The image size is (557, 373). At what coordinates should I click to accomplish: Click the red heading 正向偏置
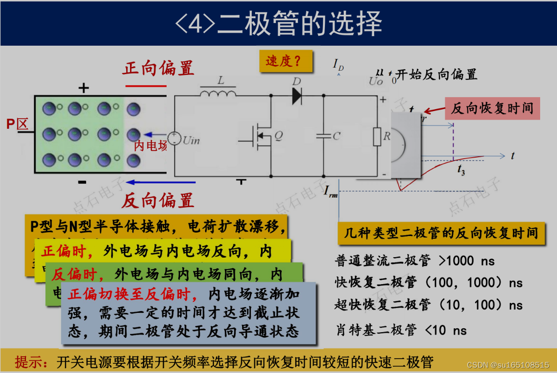click(158, 68)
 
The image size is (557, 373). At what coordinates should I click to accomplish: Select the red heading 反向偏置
click(157, 200)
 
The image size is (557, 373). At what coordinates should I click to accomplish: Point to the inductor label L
click(220, 81)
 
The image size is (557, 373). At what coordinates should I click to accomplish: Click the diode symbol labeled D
click(297, 96)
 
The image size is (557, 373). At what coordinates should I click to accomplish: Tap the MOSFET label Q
click(278, 136)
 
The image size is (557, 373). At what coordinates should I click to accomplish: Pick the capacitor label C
click(337, 136)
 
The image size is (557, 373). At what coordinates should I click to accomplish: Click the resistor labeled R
click(378, 137)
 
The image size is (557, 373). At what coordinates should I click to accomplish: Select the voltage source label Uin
click(191, 140)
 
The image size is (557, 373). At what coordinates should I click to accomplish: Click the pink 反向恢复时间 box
click(492, 108)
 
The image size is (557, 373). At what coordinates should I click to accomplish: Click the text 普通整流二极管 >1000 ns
click(415, 261)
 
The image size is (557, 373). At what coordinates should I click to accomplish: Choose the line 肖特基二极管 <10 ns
click(401, 330)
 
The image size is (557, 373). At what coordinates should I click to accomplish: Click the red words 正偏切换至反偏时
click(132, 294)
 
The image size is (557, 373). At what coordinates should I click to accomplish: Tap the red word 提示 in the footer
click(31, 361)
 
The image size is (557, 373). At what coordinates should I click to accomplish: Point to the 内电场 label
click(150, 145)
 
